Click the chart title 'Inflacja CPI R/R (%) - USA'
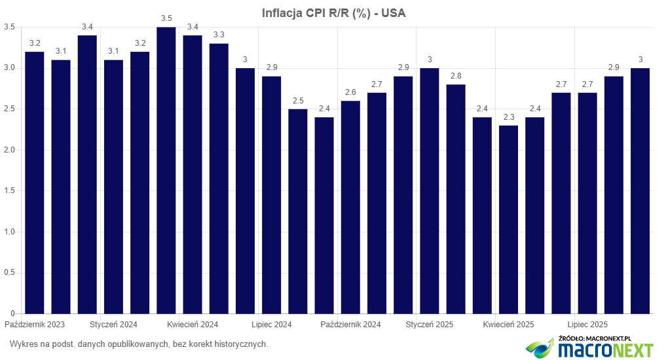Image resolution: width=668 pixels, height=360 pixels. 333,13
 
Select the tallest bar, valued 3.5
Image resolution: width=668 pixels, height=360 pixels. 166,170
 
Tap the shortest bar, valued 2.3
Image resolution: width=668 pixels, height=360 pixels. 508,219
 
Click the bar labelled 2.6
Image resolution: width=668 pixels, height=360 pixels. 350,207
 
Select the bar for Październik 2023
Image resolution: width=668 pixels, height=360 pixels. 35,183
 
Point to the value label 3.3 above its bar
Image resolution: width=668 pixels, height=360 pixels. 219,35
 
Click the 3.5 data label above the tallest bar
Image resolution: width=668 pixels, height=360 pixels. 166,18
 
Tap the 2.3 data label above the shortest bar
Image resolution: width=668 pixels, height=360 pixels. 508,117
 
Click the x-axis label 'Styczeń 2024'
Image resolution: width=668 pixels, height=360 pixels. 113,325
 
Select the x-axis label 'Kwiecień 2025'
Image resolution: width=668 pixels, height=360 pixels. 508,325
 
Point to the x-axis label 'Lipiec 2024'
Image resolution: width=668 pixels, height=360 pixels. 272,325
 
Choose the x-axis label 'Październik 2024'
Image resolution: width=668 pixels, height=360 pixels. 350,325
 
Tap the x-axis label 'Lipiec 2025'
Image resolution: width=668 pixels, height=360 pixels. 587,325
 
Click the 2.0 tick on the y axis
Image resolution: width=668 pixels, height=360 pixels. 10,150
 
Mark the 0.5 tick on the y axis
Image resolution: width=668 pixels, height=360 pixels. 10,273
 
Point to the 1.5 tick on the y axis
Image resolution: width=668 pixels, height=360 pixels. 10,191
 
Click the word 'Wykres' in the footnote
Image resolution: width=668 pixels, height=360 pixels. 23,344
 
